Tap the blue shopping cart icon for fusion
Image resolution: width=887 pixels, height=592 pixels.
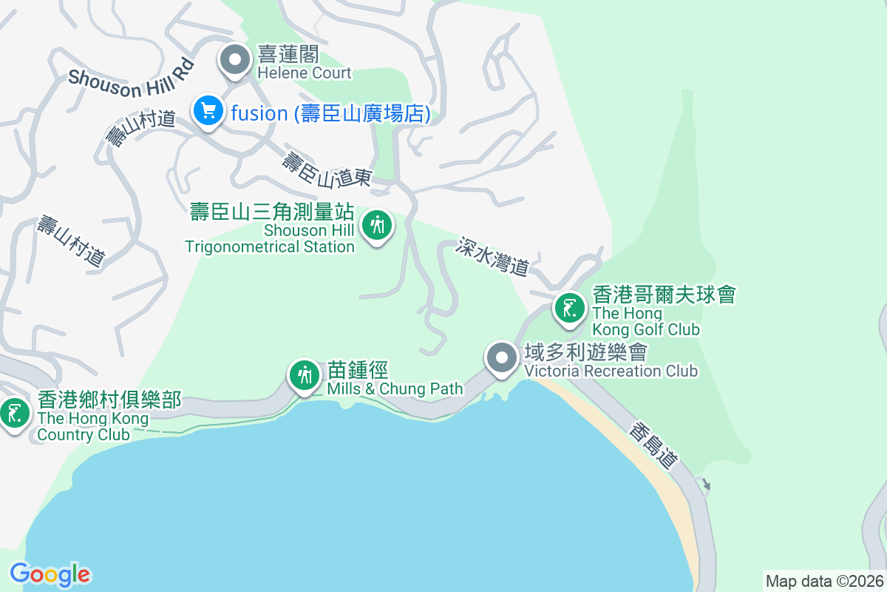pyautogui.click(x=208, y=111)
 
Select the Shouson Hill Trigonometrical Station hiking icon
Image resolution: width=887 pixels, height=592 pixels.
pyautogui.click(x=378, y=224)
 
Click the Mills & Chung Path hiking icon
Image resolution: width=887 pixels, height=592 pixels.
pyautogui.click(x=304, y=375)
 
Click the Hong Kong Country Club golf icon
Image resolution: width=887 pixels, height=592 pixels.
pyautogui.click(x=14, y=413)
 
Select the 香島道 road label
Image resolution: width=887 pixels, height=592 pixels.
pyautogui.click(x=655, y=445)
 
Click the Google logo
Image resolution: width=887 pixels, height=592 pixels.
pyautogui.click(x=50, y=574)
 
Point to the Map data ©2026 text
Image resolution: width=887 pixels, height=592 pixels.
pyautogui.click(x=824, y=581)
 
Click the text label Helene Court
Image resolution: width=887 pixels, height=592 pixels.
pyautogui.click(x=305, y=73)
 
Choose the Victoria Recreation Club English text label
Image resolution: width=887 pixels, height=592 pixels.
pyautogui.click(x=611, y=370)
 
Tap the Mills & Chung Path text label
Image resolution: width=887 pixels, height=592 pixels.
pyautogui.click(x=395, y=388)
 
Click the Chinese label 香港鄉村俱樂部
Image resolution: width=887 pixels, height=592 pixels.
pyautogui.click(x=109, y=400)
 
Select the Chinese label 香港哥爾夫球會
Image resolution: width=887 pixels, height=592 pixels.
pyautogui.click(x=664, y=295)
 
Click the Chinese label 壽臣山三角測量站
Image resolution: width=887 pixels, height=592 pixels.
pyautogui.click(x=272, y=212)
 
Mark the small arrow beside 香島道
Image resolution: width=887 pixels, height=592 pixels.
pyautogui.click(x=706, y=485)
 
